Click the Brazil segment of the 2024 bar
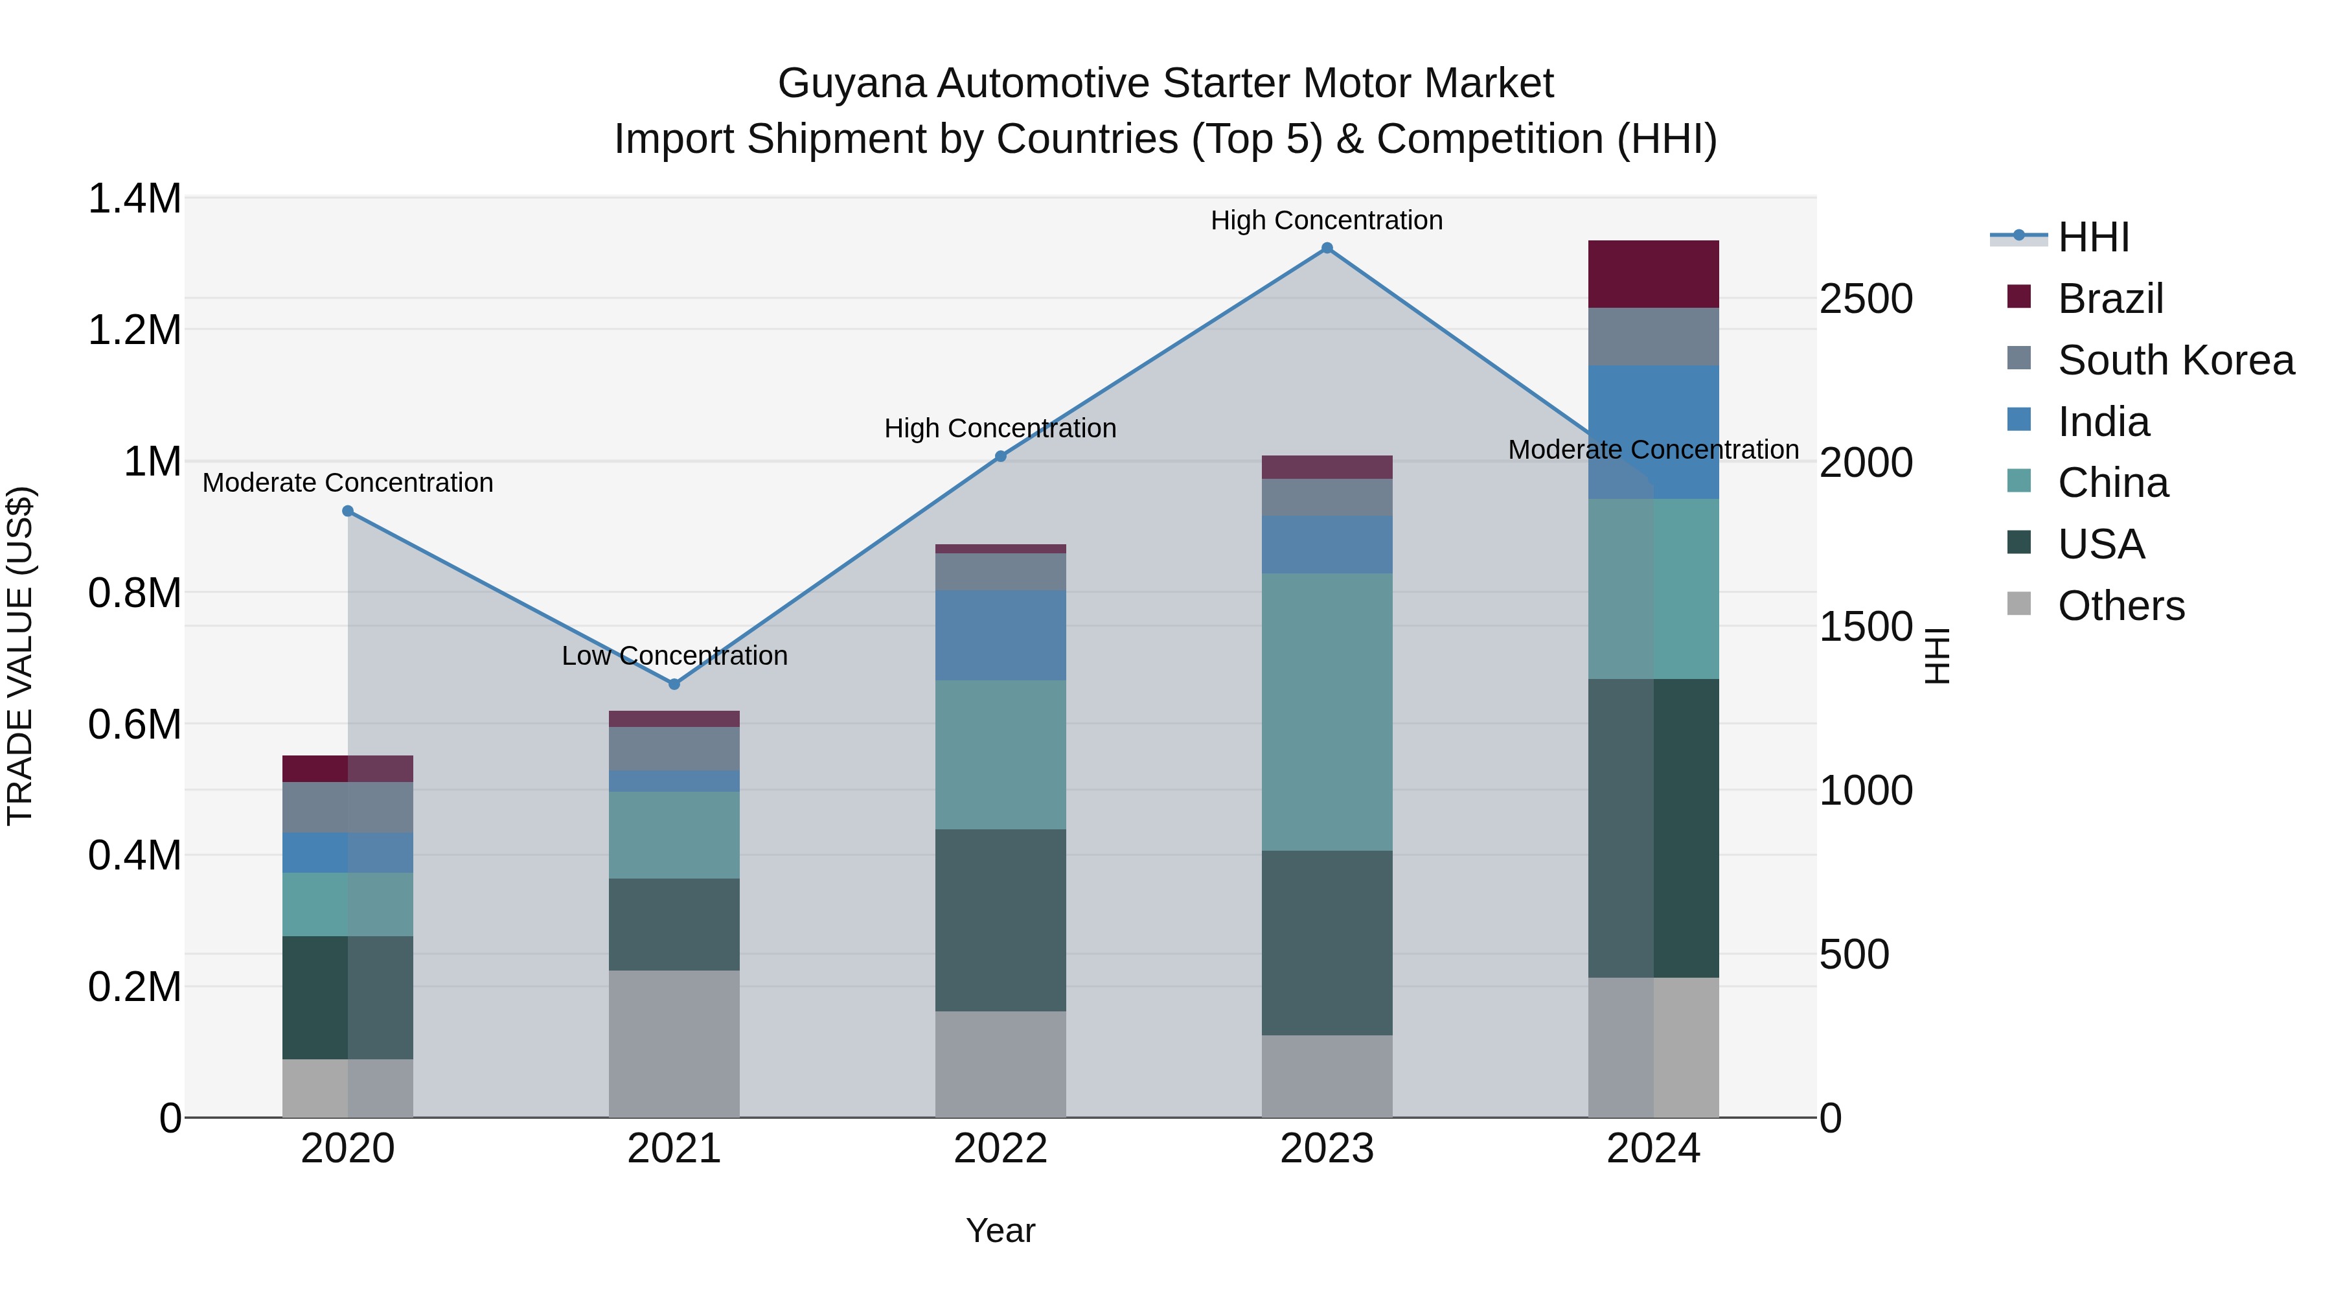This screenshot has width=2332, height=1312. (x=1653, y=274)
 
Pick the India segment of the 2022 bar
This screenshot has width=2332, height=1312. (x=1000, y=635)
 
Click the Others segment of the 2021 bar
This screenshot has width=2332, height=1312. (x=674, y=1043)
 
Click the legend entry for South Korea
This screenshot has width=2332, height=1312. (x=2175, y=360)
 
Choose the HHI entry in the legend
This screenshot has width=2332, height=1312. (x=2093, y=237)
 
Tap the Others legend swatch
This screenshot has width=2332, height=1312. (x=2018, y=604)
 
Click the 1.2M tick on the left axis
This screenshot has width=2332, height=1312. (x=134, y=330)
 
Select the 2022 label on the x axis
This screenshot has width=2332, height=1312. (x=1000, y=1149)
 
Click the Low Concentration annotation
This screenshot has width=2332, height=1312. (x=674, y=656)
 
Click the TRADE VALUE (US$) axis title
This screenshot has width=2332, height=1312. (x=20, y=656)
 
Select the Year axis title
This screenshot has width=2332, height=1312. (x=1000, y=1230)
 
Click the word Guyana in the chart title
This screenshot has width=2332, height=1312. (x=851, y=84)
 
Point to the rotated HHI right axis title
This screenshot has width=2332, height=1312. (x=1936, y=656)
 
